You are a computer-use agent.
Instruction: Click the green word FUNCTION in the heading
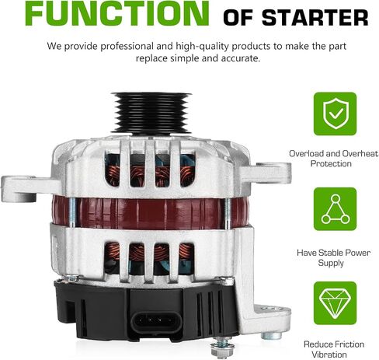coord(117,13)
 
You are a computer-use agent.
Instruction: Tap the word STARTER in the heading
coord(315,18)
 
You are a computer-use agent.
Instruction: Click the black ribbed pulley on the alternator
coord(151,113)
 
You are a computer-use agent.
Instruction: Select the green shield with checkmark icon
coord(335,114)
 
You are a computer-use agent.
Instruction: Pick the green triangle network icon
coord(335,209)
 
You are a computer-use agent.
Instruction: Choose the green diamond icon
coord(335,303)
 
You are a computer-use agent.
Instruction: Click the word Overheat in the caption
coord(360,154)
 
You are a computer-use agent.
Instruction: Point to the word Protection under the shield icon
coord(331,164)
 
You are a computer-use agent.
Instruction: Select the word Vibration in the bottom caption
coord(329,355)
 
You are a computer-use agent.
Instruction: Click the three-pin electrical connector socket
coord(157,322)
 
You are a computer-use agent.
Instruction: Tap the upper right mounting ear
coord(266,173)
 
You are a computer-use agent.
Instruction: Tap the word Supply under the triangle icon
coord(331,263)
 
